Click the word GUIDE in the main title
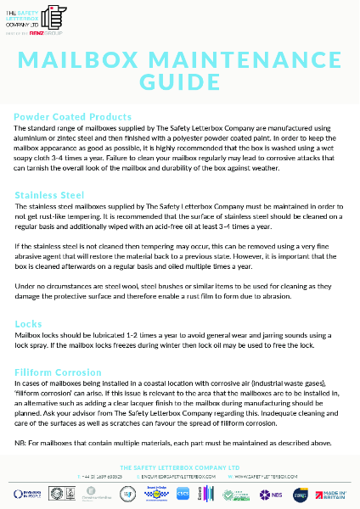[x=179, y=82]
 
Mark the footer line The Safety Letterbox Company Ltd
[x=179, y=467]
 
